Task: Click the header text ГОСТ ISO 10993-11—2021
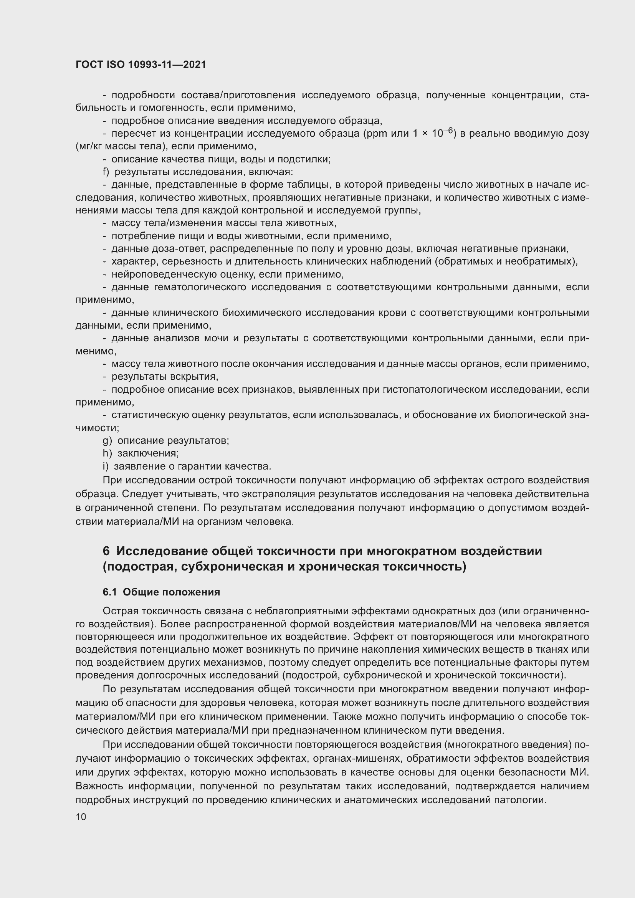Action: (x=141, y=64)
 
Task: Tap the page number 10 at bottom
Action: (x=81, y=817)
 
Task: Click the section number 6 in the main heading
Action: (x=106, y=551)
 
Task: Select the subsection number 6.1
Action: (x=110, y=592)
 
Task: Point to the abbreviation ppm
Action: (x=375, y=134)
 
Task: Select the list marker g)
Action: (x=107, y=441)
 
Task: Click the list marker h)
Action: (x=107, y=453)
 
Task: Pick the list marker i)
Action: (x=106, y=466)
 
